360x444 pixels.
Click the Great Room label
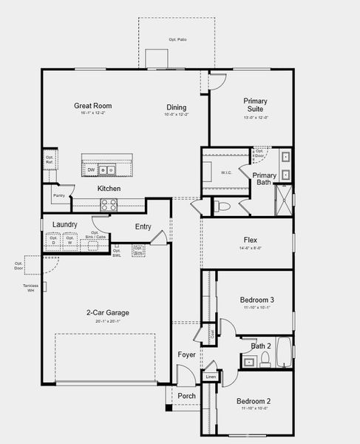tap(92, 106)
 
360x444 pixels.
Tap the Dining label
tap(177, 107)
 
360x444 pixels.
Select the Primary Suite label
tap(256, 105)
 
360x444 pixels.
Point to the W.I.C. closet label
tap(226, 173)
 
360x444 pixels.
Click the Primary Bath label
tap(264, 180)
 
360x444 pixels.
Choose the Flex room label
tap(251, 240)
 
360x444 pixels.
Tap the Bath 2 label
tap(260, 346)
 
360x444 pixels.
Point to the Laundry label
tap(64, 224)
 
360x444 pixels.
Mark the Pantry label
tap(58, 195)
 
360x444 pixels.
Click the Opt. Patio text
tap(177, 38)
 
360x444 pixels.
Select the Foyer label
tap(186, 354)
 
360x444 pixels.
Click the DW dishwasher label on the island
tap(91, 169)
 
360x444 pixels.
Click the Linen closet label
tap(211, 377)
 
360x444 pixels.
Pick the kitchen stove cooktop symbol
tap(109, 206)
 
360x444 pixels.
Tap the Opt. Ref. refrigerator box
tap(50, 159)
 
